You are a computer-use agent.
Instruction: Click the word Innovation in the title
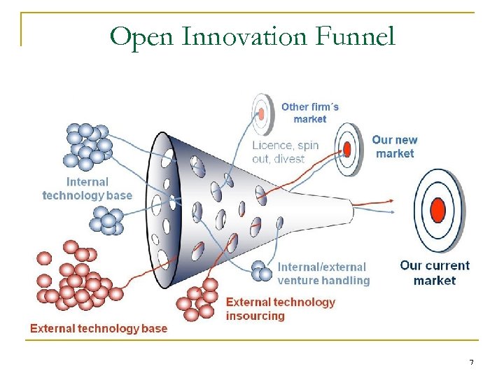click(241, 36)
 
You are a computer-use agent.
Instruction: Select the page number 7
click(471, 362)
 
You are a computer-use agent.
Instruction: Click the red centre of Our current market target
click(438, 209)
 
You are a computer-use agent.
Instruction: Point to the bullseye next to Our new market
click(346, 148)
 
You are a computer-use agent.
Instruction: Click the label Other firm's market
click(310, 113)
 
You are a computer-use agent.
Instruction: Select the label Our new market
click(394, 146)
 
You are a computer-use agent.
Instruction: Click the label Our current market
click(434, 273)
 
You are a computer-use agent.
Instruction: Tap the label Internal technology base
click(87, 188)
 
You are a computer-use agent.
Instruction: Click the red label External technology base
click(99, 328)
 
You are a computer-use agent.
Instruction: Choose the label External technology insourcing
click(280, 309)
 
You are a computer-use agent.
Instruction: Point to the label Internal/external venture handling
click(323, 274)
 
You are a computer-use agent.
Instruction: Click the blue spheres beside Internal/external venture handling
click(262, 271)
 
